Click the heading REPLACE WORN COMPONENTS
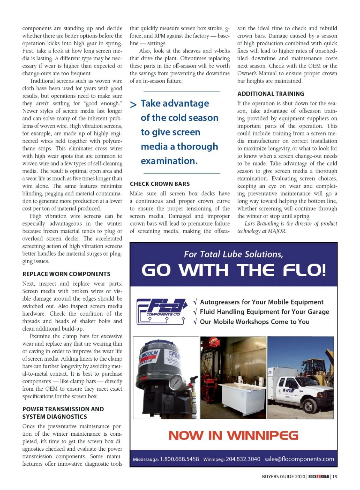click(x=66, y=274)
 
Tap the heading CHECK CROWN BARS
click(x=160, y=184)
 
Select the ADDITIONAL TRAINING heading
click(x=271, y=94)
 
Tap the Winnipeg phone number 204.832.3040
click(x=243, y=459)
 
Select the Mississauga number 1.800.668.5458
click(x=179, y=459)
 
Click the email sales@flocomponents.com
click(x=299, y=459)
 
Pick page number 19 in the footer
click(x=335, y=476)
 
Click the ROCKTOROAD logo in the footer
click(x=319, y=476)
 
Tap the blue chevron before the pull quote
click(x=133, y=104)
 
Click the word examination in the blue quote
click(x=169, y=161)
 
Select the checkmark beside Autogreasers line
click(x=195, y=302)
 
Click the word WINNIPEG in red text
click(x=262, y=435)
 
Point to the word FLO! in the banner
click(x=304, y=270)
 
